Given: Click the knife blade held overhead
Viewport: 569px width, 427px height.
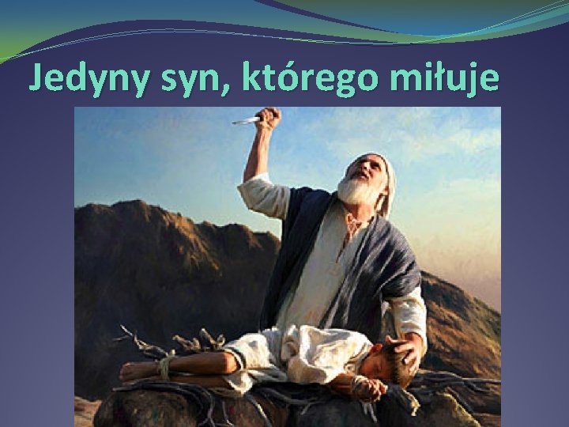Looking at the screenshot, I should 246,120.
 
